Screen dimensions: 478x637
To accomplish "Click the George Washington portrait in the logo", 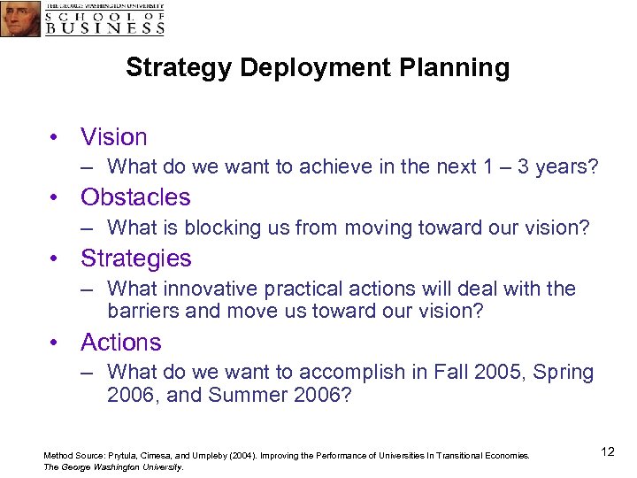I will (x=20, y=19).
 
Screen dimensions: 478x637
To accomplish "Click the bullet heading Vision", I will (x=113, y=137).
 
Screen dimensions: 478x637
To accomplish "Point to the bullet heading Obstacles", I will (x=135, y=197).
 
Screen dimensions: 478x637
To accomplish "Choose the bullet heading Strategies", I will (x=135, y=258).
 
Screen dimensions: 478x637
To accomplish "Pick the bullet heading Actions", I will (x=120, y=343).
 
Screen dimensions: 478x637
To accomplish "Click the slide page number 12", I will (x=607, y=452).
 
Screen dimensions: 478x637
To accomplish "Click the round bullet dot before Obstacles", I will (x=55, y=197).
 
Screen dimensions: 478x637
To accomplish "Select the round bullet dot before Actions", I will (x=55, y=343).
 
